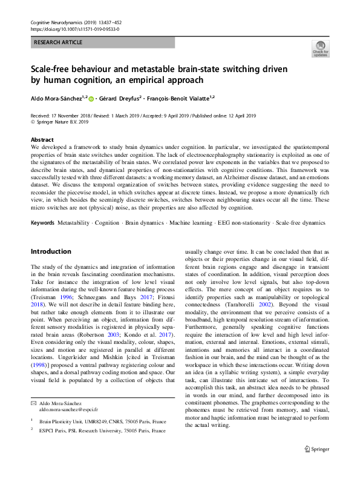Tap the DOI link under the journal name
tap(74, 28)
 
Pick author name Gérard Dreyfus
tap(119, 97)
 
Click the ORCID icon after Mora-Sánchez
tap(92, 97)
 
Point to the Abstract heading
tap(42, 140)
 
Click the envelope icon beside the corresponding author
tap(33, 403)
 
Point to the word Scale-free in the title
tap(51, 68)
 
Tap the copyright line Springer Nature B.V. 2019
tap(62, 121)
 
